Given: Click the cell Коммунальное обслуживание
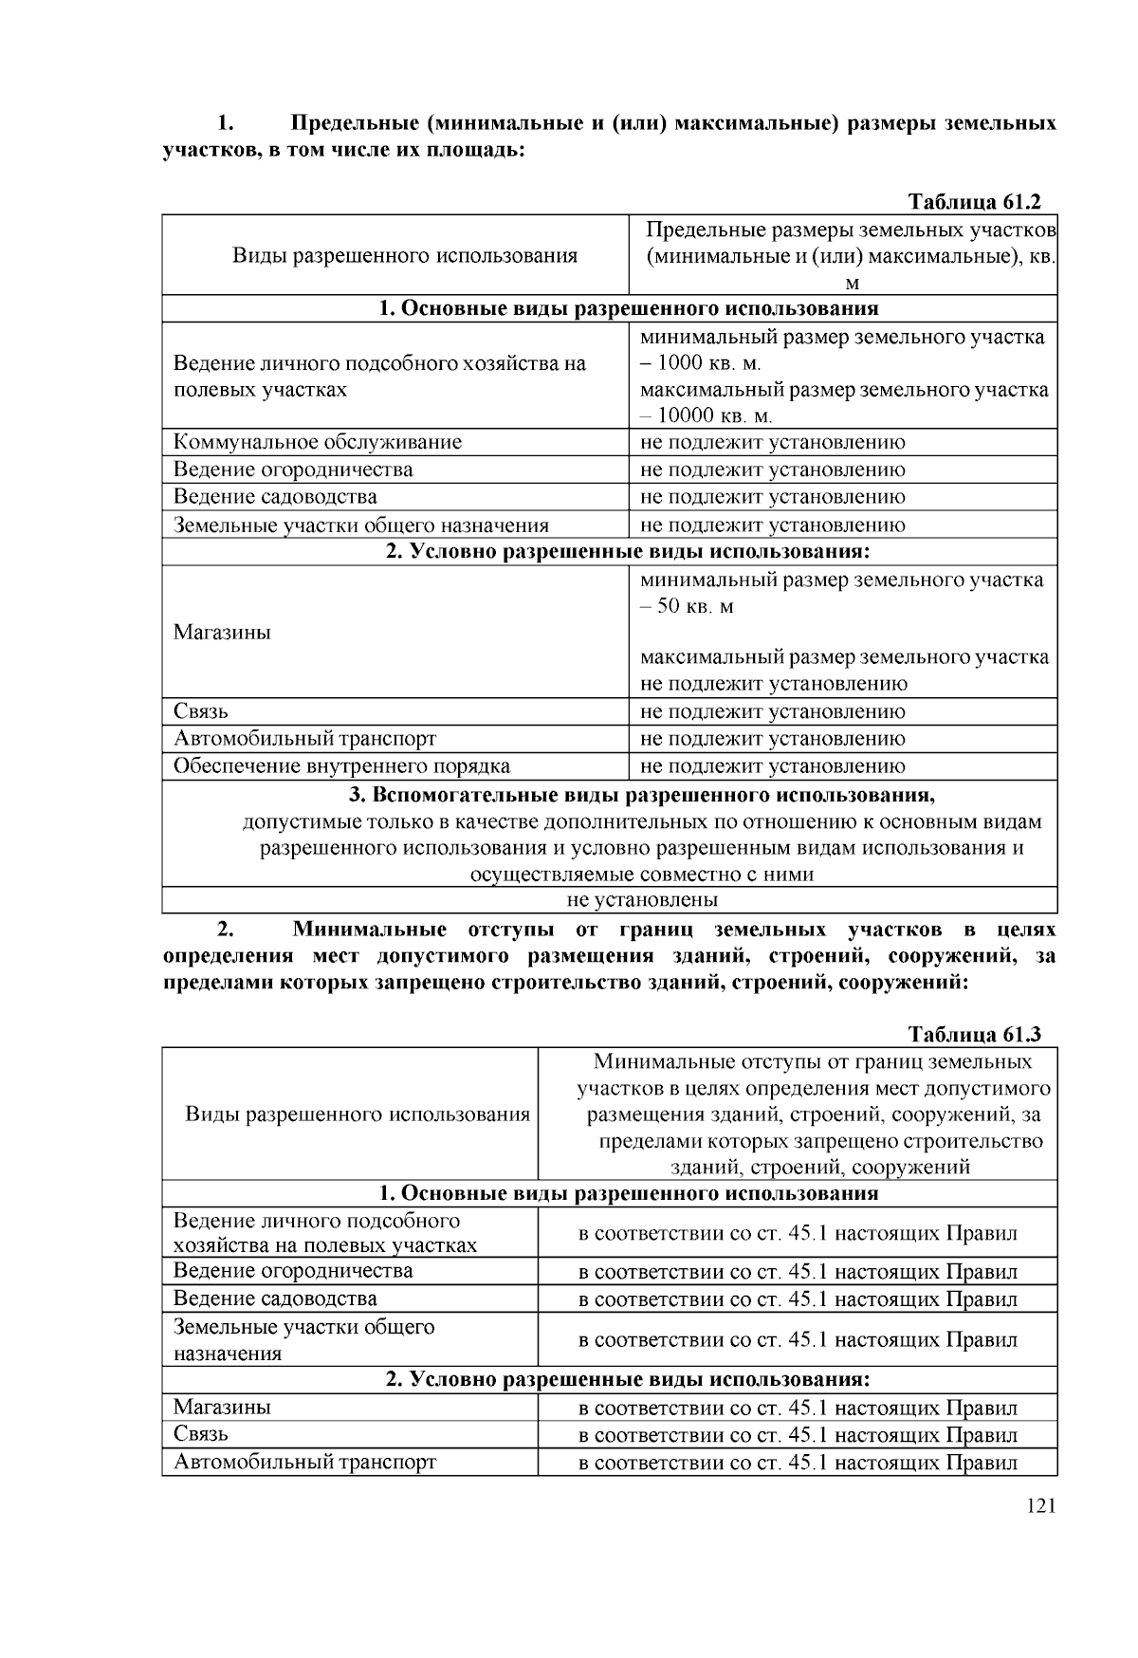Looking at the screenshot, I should [317, 442].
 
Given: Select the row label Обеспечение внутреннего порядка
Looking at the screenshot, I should [341, 766].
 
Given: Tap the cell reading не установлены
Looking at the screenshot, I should [641, 899].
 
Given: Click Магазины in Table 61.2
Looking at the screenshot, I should [222, 633].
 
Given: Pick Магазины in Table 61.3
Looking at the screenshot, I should [222, 1407].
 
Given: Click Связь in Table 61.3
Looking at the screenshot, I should [200, 1434].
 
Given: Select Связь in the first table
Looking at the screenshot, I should [200, 711].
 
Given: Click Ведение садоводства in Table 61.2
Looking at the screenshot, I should [275, 497].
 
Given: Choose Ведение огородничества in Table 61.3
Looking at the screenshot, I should [292, 1271].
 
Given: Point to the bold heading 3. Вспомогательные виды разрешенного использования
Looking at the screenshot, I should [642, 794].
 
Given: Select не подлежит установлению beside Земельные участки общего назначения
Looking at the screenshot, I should [772, 525].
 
